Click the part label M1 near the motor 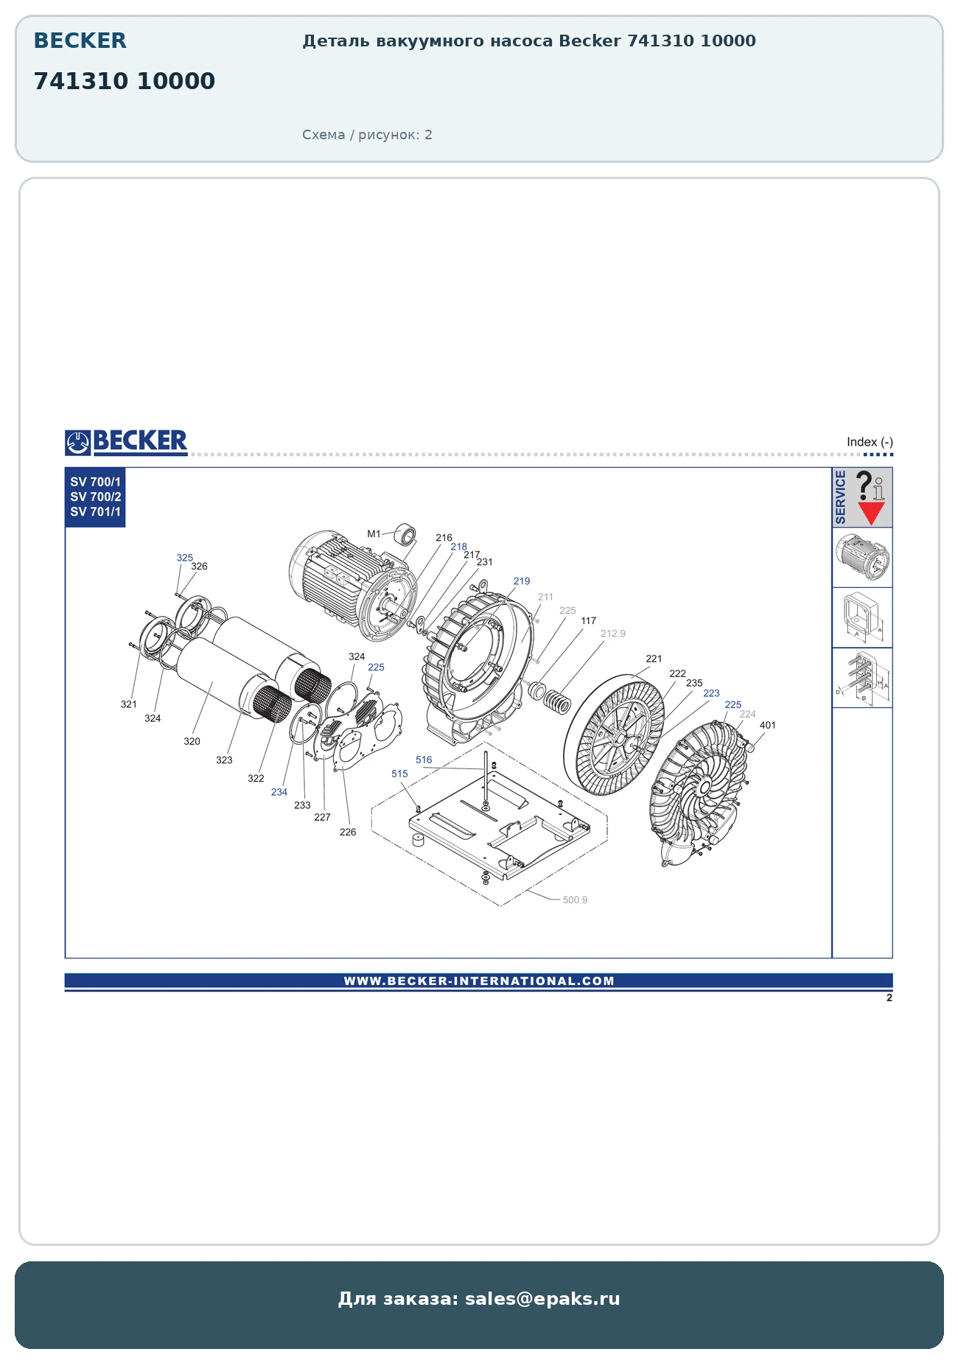click(374, 534)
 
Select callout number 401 click(768, 725)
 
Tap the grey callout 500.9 click(575, 900)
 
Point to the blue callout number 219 click(522, 581)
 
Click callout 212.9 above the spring click(613, 634)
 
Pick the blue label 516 click(424, 760)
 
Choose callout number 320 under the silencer click(192, 741)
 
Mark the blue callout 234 click(279, 792)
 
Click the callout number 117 click(588, 621)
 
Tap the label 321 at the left click(129, 704)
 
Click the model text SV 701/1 click(96, 512)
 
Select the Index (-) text click(870, 442)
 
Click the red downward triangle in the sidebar click(871, 513)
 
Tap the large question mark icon click(864, 486)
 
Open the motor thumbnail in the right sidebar click(862, 557)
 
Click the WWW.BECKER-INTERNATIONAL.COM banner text click(479, 981)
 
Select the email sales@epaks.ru click(542, 1299)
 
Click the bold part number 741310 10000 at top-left click(125, 81)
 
